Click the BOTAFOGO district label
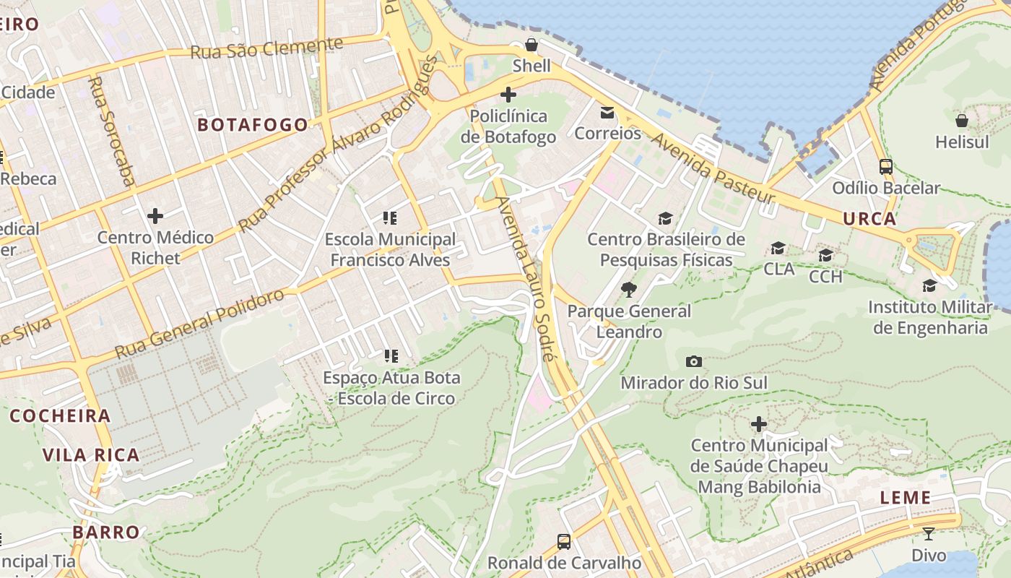point(253,125)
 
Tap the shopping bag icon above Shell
point(531,45)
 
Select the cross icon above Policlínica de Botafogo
point(508,95)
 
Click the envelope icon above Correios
point(607,113)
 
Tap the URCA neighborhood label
point(869,218)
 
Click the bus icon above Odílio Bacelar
point(886,167)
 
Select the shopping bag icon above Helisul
point(961,121)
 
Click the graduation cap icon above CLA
point(778,249)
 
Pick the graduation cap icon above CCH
point(825,256)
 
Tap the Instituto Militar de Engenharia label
point(930,317)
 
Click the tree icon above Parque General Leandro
point(629,290)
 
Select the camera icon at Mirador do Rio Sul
point(693,361)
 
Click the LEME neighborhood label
point(906,498)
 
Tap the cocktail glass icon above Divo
point(929,534)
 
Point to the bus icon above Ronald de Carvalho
point(564,541)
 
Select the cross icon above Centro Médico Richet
point(155,216)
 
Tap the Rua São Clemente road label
point(266,48)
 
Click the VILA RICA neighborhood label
point(91,455)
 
